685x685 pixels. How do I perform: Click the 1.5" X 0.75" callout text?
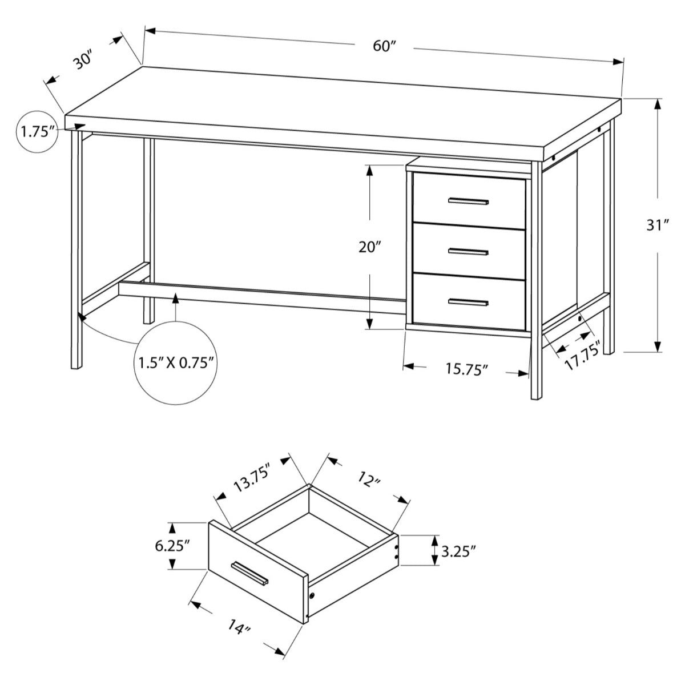[175, 362]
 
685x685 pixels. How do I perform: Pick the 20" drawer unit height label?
[370, 247]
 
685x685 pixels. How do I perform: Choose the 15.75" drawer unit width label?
[466, 369]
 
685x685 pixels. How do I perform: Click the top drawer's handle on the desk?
[469, 201]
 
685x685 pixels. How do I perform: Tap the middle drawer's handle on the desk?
[469, 251]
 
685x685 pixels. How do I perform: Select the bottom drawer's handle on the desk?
[469, 302]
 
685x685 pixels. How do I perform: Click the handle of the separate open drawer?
[249, 573]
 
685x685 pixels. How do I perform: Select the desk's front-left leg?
[75, 251]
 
